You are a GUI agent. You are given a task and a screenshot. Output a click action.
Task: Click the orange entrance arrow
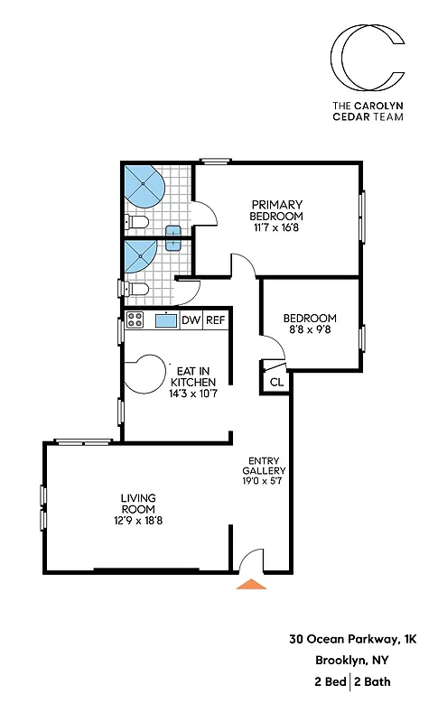[251, 583]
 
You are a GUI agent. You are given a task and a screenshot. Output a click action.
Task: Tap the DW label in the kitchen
[191, 319]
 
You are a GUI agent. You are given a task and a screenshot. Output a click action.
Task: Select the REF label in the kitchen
[215, 319]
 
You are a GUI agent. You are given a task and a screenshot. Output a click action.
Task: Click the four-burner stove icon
[135, 319]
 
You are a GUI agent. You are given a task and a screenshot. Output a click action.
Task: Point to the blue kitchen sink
[165, 319]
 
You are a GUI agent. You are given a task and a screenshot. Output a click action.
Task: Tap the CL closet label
[275, 383]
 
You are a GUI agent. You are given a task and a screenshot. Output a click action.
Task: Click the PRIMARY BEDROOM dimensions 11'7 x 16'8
[277, 227]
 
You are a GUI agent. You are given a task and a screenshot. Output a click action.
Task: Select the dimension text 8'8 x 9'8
[310, 331]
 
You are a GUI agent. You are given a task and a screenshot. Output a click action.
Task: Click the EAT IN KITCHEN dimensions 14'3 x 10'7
[193, 393]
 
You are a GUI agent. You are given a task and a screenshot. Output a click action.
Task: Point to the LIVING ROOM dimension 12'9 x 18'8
[137, 521]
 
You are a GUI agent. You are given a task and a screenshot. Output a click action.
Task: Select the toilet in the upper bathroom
[135, 222]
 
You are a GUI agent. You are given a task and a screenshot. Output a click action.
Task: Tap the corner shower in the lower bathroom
[141, 254]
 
